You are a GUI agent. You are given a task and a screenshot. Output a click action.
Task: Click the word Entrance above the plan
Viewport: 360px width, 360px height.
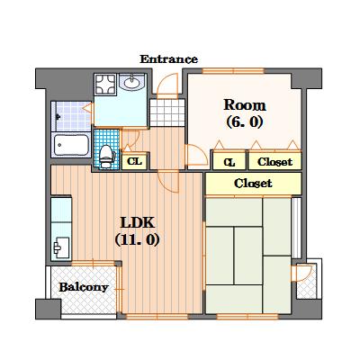pos(168,59)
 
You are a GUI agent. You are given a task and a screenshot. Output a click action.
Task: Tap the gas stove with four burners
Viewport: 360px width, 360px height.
pos(105,85)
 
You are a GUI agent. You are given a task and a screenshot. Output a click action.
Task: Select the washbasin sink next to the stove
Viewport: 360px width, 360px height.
pos(132,82)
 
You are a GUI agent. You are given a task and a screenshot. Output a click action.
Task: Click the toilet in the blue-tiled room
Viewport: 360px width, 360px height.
pos(105,156)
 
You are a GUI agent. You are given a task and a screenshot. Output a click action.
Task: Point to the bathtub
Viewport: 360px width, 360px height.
pos(71,145)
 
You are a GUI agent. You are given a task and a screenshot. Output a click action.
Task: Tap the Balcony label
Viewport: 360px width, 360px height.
pos(84,287)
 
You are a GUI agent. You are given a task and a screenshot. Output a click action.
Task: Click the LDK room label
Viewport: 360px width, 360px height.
pos(138,222)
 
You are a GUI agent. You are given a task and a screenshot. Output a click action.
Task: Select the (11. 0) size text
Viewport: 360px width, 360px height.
pos(137,239)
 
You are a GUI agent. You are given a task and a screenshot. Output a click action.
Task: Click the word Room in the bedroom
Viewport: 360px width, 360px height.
pos(245,105)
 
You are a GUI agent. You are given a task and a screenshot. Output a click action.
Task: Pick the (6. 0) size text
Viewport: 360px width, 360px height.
pos(245,121)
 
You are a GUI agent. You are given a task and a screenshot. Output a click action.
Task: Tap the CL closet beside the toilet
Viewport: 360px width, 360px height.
pos(134,161)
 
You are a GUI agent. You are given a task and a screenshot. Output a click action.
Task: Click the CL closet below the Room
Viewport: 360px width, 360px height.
pos(229,161)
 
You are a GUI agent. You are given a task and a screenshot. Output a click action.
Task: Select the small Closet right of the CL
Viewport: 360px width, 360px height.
pos(274,161)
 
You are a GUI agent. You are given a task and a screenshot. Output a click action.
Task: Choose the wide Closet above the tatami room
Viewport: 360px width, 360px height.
pos(253,184)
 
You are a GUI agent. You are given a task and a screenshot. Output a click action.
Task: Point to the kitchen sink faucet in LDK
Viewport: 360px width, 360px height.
pos(57,247)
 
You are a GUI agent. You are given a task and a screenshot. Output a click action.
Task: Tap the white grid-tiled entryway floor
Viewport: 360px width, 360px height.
pos(167,112)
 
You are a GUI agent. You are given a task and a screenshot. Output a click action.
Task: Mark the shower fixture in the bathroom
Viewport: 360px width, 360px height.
pos(58,116)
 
